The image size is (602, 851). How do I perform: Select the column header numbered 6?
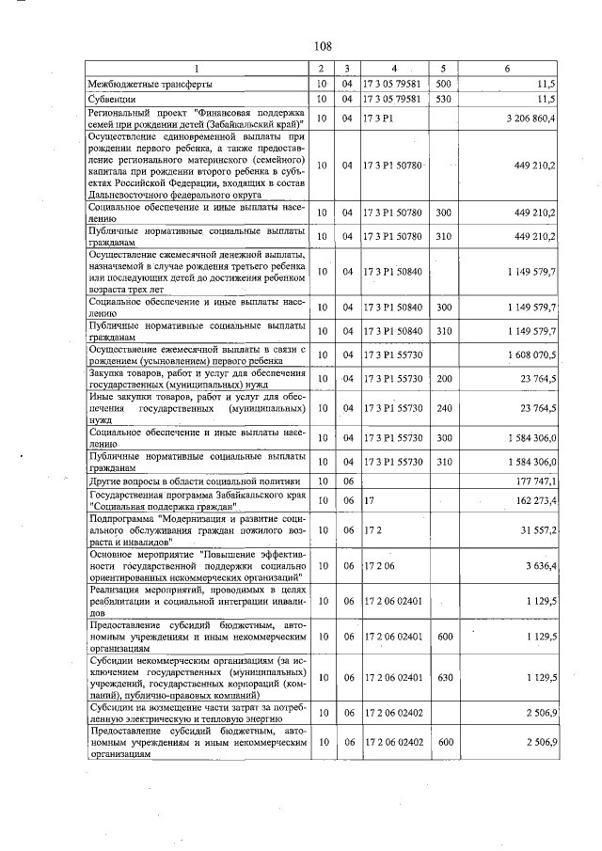(508, 70)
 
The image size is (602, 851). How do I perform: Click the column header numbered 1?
(197, 70)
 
